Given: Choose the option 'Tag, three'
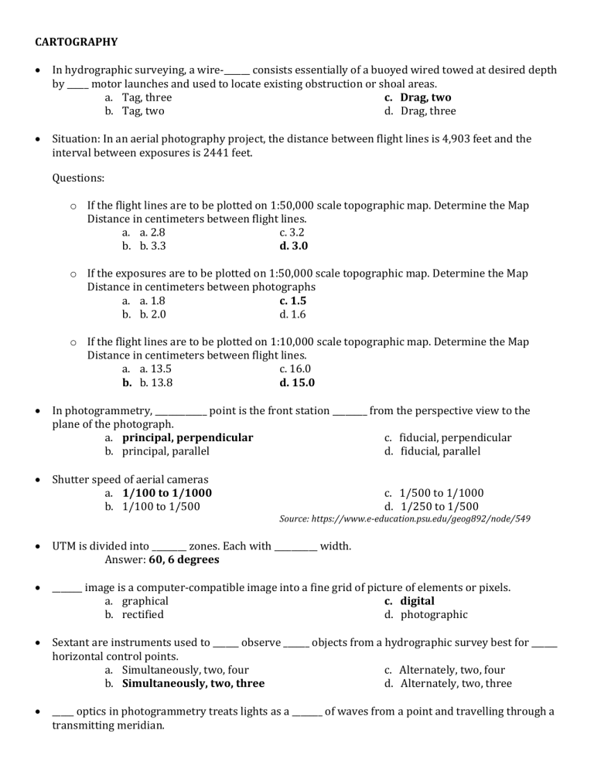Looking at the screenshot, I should pos(147,97).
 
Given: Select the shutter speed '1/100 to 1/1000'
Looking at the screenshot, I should pos(167,492).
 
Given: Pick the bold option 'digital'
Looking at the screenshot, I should pos(417,600).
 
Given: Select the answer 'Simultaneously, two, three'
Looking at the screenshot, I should pos(193,683).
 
